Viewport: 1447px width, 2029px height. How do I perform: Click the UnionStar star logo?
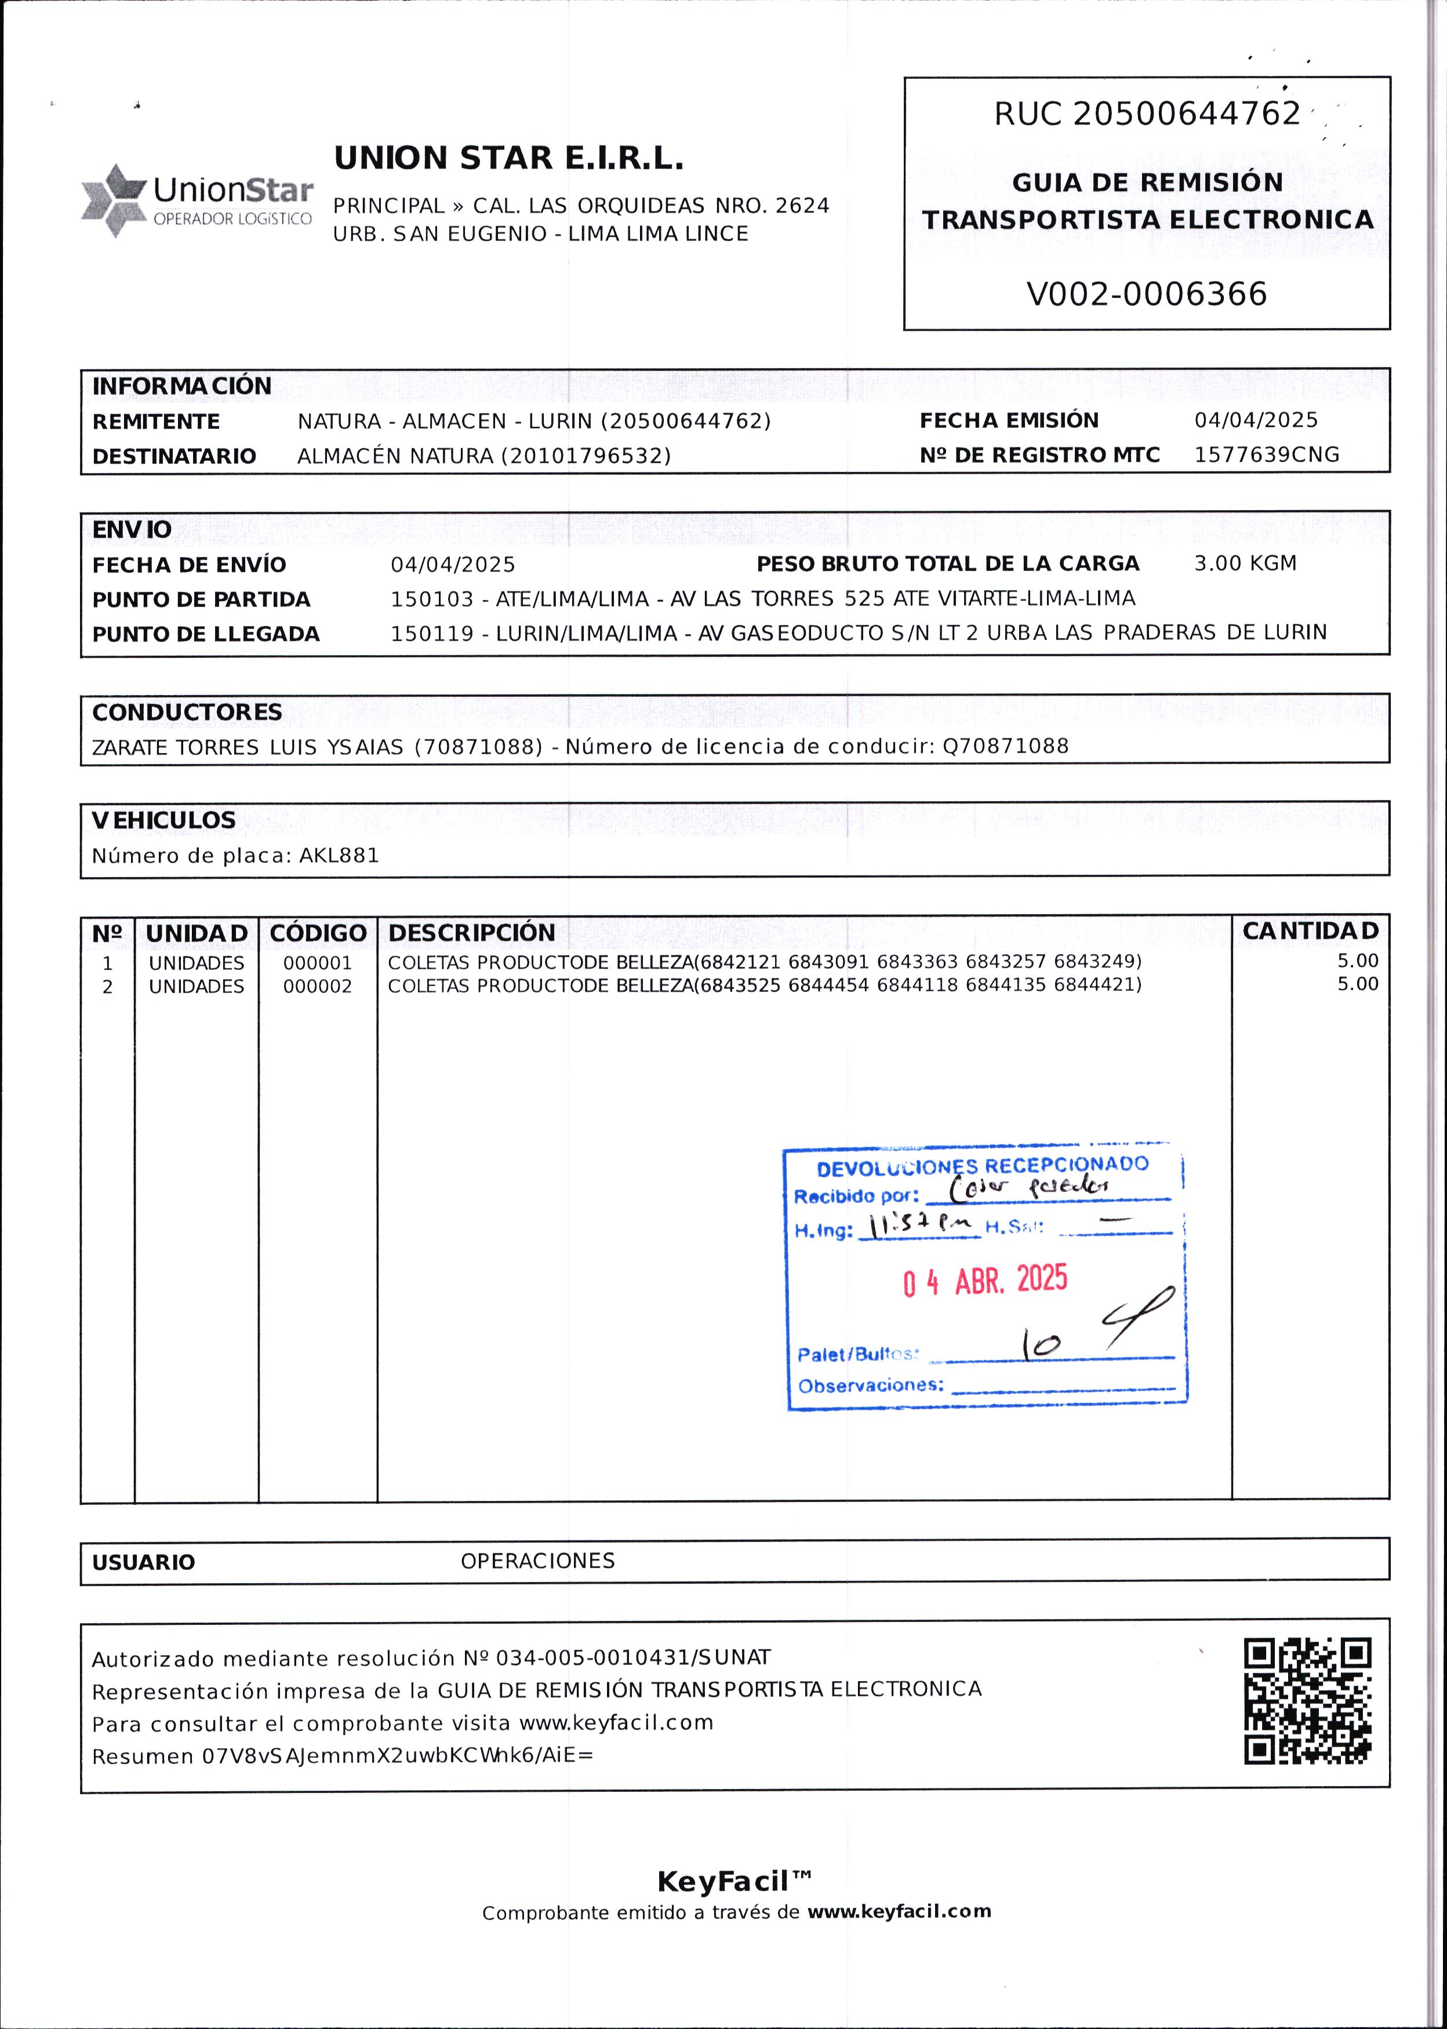click(x=113, y=201)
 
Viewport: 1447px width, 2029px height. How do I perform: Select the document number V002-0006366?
click(x=1146, y=294)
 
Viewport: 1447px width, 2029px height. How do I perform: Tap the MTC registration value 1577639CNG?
click(x=1266, y=454)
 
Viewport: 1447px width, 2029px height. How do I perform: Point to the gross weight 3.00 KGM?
click(x=1245, y=563)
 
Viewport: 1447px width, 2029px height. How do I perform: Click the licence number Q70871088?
click(x=1005, y=747)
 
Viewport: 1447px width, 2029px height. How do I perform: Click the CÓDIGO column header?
click(x=318, y=933)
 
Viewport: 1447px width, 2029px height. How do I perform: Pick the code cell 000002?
click(x=317, y=987)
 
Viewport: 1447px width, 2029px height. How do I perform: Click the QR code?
click(x=1307, y=1700)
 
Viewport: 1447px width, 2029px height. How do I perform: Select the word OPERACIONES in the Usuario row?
click(x=537, y=1560)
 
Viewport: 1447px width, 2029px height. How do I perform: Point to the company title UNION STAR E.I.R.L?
click(x=509, y=159)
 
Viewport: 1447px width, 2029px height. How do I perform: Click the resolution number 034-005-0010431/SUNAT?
click(x=632, y=1657)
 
